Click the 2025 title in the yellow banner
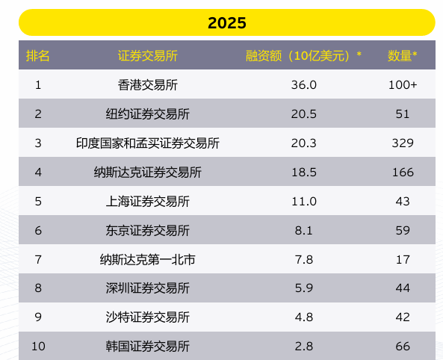coord(226,23)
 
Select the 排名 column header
coord(38,55)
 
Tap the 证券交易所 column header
coord(148,55)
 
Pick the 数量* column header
coord(403,55)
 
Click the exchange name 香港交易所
coord(148,84)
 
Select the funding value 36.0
coord(303,84)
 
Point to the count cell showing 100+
coord(403,84)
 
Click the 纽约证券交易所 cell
coord(148,114)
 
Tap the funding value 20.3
coord(303,143)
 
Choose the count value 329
coord(403,143)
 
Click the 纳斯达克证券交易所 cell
coord(148,172)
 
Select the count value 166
coord(403,172)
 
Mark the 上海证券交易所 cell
coord(148,201)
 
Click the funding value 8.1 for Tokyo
coord(303,230)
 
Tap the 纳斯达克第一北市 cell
coord(148,259)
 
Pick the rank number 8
coord(38,288)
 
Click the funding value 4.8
coord(303,317)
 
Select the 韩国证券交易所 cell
coord(148,346)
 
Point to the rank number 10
coord(38,346)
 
